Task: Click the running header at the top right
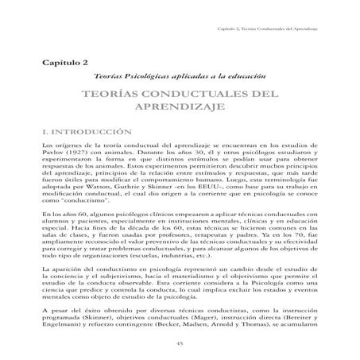(x=273, y=29)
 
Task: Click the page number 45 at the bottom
(x=179, y=342)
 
